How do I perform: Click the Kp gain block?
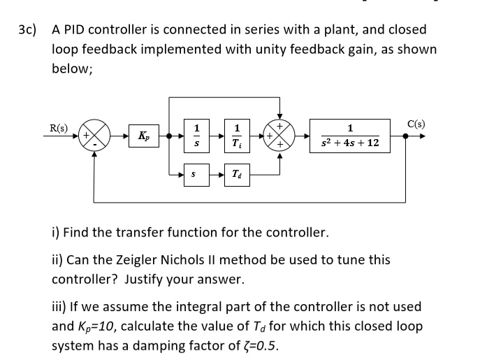pyautogui.click(x=143, y=136)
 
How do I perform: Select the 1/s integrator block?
pyautogui.click(x=196, y=136)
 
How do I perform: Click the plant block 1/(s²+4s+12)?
pyautogui.click(x=349, y=136)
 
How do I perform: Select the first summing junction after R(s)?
pyautogui.click(x=96, y=136)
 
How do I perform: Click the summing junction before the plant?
pyautogui.click(x=279, y=136)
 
